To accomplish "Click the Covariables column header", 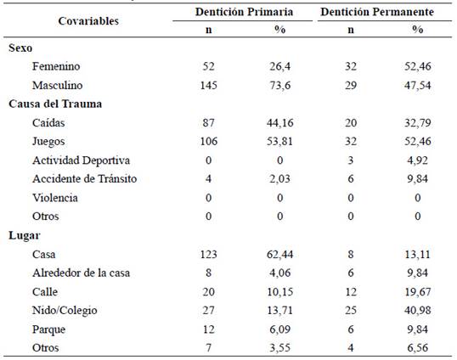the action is click(x=88, y=21).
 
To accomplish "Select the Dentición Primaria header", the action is click(x=244, y=12).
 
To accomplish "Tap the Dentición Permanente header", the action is click(x=377, y=12).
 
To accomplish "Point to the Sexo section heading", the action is click(x=20, y=48).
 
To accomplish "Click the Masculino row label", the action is click(x=58, y=86).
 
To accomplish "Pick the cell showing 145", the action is click(x=209, y=86).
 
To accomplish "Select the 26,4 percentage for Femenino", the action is click(x=279, y=66).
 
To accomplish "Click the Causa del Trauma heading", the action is click(x=55, y=104).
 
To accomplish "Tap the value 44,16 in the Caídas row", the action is click(x=279, y=123).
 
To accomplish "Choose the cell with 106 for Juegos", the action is click(x=209, y=142).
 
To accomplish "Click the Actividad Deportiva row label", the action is click(x=81, y=160).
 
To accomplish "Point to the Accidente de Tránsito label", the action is click(x=85, y=179).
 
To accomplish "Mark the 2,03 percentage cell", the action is click(x=279, y=179).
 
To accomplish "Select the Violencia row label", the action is click(x=55, y=198).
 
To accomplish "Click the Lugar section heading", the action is click(x=25, y=235).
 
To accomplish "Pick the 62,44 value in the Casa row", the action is click(x=279, y=254).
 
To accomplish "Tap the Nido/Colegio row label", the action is click(x=65, y=311).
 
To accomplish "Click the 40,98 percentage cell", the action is click(x=418, y=311).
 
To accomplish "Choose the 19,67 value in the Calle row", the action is click(x=418, y=291).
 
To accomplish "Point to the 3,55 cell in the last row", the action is click(x=279, y=348).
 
